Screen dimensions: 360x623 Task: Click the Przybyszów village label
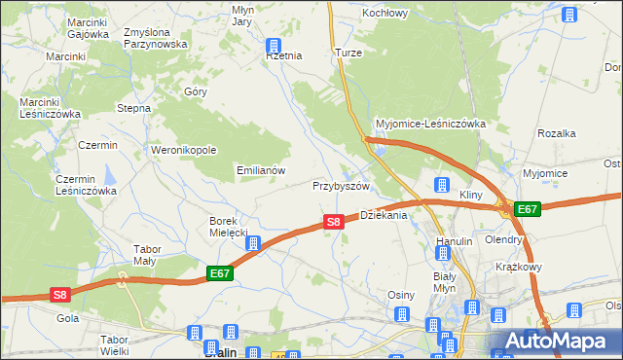341,186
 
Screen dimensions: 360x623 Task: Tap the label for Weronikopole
183,150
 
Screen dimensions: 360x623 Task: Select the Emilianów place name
261,169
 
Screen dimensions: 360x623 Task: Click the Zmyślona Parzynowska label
155,38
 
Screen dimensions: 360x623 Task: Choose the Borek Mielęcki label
230,227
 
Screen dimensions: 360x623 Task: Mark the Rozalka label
558,133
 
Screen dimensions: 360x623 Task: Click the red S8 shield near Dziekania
333,222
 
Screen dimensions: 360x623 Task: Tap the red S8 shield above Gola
60,295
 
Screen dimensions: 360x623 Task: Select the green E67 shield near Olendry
527,209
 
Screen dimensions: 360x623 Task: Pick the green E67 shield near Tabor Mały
220,274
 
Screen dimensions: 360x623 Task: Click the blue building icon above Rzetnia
275,45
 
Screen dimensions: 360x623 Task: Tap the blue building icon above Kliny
441,185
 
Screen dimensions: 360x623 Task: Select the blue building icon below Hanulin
443,254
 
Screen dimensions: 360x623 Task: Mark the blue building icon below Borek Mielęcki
252,243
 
